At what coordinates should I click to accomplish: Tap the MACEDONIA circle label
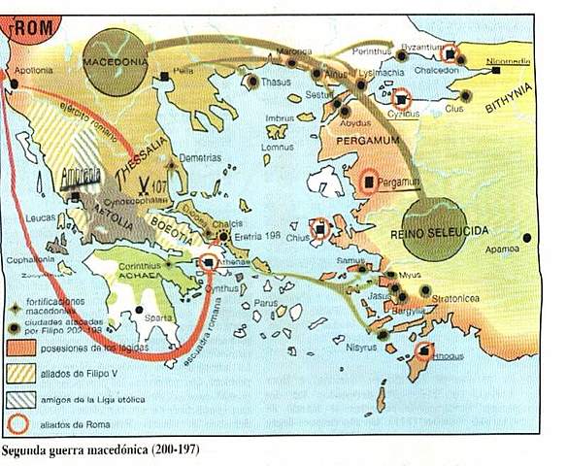(x=115, y=57)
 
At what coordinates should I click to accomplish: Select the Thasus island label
(x=274, y=83)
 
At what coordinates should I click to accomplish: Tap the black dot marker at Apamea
(x=526, y=237)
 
